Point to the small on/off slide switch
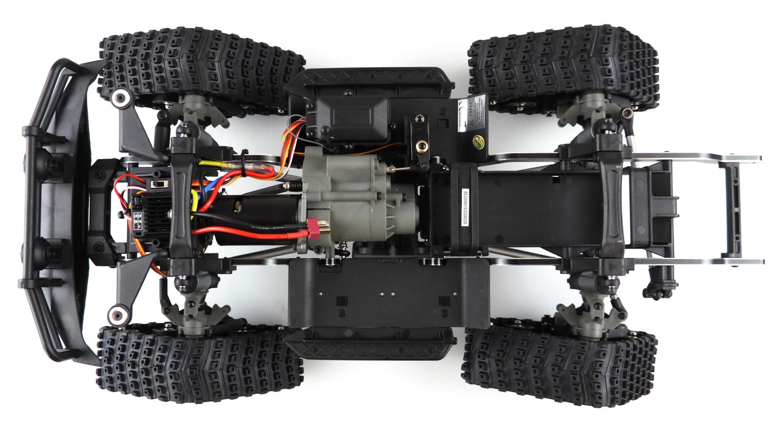(158, 184)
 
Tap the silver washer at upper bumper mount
(118, 98)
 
